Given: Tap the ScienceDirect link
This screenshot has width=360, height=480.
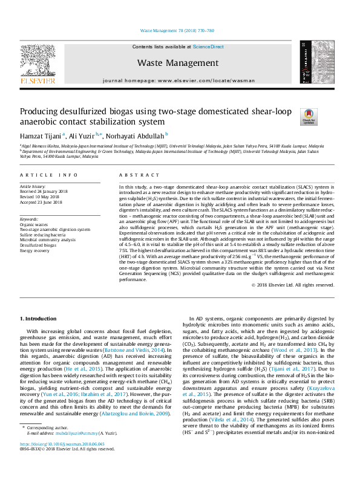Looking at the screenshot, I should pyautogui.click(x=208, y=47).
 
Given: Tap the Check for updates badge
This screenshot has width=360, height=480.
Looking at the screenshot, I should pyautogui.click(x=292, y=116).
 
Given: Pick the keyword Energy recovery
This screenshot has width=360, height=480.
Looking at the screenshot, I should pyautogui.click(x=36, y=250).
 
